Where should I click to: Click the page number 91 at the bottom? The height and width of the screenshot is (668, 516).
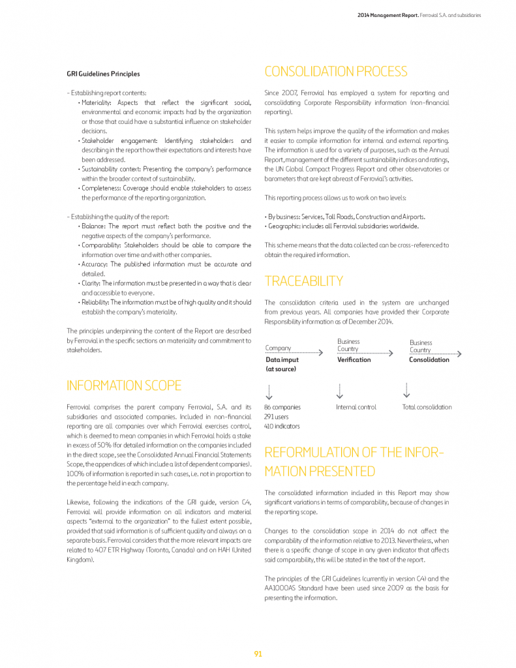click(258, 654)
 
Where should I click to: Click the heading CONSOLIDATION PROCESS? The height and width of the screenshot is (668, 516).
click(335, 72)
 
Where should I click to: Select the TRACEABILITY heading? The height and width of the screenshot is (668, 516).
click(303, 281)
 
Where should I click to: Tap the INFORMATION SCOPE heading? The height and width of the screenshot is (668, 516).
click(124, 386)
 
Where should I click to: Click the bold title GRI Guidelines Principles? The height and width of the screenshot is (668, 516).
click(103, 74)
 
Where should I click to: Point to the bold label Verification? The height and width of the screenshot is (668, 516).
click(354, 359)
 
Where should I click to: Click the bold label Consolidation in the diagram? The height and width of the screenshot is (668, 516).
click(429, 359)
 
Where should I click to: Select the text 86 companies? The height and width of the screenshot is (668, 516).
click(282, 407)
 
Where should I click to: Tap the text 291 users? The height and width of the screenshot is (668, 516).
click(277, 416)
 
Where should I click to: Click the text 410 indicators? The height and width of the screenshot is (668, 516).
click(282, 426)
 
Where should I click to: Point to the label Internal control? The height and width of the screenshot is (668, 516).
click(356, 407)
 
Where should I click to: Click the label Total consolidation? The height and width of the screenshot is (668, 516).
click(427, 407)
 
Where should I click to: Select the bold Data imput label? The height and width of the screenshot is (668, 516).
click(282, 359)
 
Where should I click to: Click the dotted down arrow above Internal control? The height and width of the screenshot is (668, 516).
click(339, 390)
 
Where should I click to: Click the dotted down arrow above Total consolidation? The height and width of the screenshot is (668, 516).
click(407, 390)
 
